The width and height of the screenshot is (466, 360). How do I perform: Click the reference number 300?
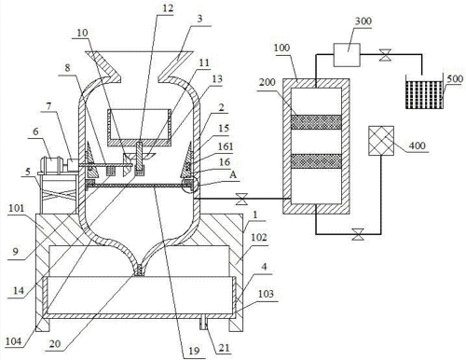(363, 21)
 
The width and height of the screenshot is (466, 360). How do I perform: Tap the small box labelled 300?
(347, 55)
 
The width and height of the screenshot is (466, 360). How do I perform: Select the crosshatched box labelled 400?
(381, 141)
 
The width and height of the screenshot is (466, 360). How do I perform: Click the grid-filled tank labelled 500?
(424, 92)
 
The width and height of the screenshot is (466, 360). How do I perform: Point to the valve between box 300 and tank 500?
(385, 55)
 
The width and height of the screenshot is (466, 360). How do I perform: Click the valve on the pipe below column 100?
(357, 234)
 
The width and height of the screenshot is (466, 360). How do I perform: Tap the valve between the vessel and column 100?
(241, 199)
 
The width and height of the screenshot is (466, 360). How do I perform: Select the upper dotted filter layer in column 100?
(316, 122)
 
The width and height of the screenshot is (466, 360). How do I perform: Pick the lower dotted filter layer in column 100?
(316, 161)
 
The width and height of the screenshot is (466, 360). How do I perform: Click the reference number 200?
(267, 82)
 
